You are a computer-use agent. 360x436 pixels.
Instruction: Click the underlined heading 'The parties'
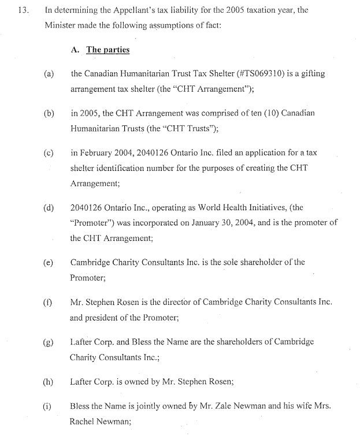(108, 50)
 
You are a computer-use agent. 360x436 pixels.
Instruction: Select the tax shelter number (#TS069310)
(254, 74)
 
